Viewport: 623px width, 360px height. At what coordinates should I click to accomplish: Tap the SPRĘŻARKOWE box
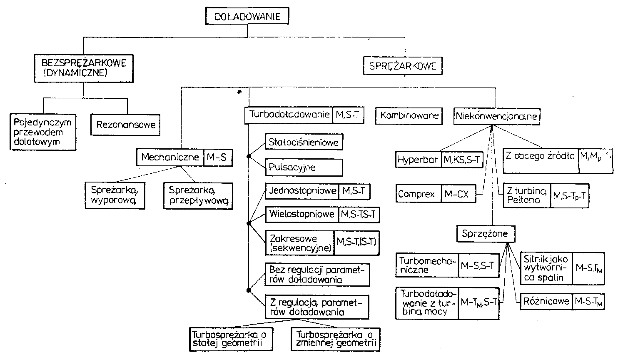click(x=402, y=66)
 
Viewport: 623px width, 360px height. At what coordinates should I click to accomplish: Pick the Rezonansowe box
click(x=125, y=125)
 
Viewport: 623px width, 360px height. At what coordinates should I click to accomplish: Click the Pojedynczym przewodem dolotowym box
click(x=42, y=132)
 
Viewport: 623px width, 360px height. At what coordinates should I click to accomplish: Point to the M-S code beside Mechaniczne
click(x=218, y=157)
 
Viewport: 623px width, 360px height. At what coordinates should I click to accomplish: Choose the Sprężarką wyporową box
click(x=115, y=195)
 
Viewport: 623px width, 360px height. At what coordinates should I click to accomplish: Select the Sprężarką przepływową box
click(x=198, y=195)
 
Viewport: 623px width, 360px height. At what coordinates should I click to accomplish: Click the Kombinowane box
click(x=409, y=115)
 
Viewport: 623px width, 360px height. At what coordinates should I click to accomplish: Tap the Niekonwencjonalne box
click(x=496, y=116)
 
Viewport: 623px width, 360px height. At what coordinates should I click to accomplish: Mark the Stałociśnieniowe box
click(x=304, y=142)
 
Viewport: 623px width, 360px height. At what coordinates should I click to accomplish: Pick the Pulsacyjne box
click(x=304, y=167)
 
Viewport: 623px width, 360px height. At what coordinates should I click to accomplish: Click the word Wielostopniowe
click(x=302, y=214)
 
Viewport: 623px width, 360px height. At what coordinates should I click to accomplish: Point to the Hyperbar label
click(x=418, y=160)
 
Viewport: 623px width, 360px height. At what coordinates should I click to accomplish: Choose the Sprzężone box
click(x=485, y=234)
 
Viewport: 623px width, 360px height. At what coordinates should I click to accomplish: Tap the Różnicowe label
click(x=546, y=301)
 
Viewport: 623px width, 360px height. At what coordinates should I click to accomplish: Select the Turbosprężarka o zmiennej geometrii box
click(x=336, y=339)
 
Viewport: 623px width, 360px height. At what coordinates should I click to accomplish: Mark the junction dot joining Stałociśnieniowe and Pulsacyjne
click(x=249, y=157)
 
